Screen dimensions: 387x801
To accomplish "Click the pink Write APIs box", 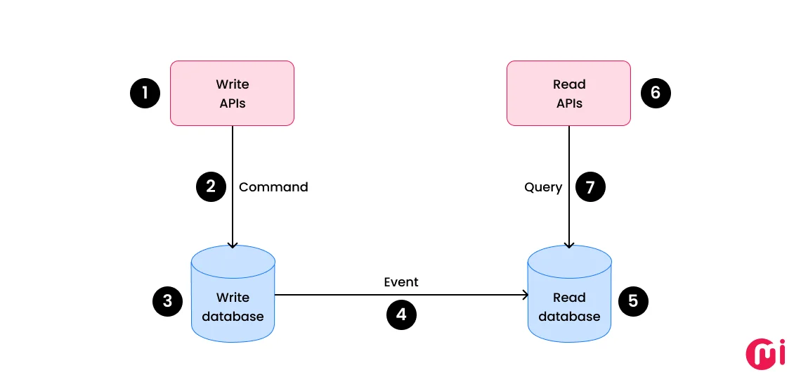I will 232,93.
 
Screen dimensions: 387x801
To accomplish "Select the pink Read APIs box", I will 568,93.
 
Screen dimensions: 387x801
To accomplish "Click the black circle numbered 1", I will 145,93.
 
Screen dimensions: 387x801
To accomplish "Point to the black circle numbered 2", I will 210,186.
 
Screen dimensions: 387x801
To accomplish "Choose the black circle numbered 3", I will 167,301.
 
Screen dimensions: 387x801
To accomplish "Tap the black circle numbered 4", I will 401,315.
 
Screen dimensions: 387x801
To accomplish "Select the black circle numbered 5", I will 633,301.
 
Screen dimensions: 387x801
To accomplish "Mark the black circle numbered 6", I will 656,93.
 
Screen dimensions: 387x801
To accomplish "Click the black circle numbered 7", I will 590,186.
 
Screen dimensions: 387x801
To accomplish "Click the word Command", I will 273,187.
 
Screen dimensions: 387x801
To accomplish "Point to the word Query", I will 543,187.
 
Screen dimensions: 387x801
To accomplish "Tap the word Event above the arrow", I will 401,282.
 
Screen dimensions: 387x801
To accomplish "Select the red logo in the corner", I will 765,353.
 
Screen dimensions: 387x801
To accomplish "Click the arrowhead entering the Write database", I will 233,244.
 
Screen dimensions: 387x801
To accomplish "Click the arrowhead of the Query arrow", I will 569,244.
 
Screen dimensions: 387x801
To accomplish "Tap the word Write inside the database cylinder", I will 233,298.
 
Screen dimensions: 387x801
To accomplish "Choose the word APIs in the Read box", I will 569,103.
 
